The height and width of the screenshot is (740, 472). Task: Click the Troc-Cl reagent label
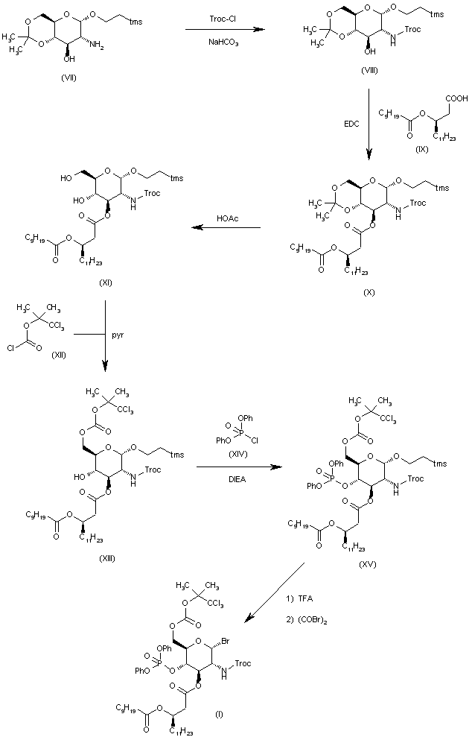(224, 19)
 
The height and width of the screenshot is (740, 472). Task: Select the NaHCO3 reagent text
(224, 42)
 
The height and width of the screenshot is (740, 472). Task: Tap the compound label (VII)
(68, 78)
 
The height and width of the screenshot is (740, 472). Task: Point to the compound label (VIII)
(369, 71)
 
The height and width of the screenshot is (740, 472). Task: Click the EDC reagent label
(351, 124)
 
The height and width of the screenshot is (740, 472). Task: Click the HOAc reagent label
(228, 218)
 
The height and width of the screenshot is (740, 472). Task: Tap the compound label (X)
(369, 292)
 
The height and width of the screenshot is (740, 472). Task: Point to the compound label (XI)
(105, 283)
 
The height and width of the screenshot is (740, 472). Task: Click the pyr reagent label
(118, 335)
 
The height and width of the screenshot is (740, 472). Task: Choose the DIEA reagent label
(237, 479)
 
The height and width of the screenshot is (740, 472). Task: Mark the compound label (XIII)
(107, 559)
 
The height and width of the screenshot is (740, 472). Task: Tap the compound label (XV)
(367, 564)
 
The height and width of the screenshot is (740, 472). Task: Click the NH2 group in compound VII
(97, 45)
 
